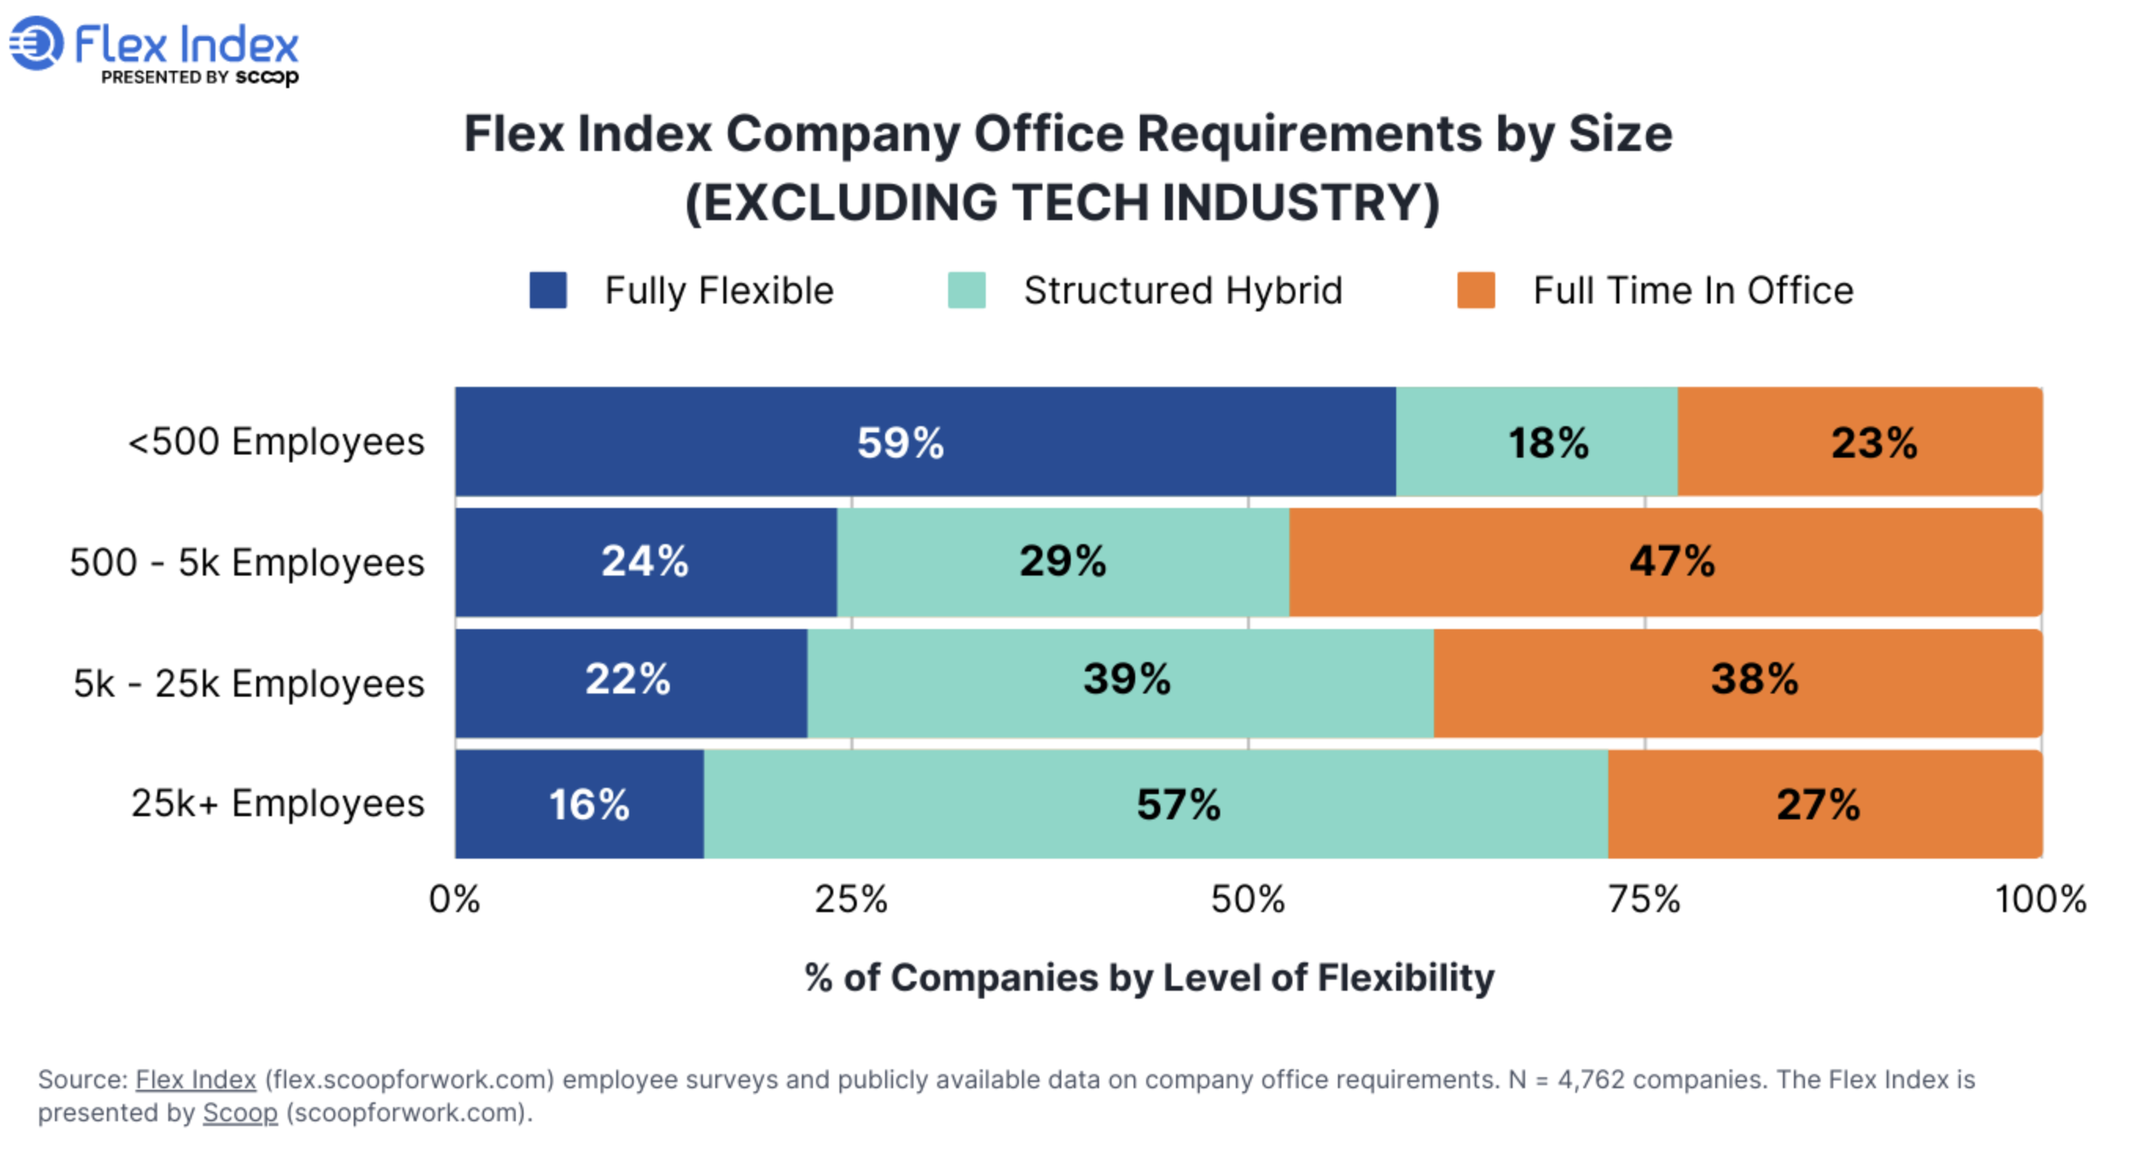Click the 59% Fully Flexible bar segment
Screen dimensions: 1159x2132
(924, 442)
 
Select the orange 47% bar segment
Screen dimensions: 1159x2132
(1665, 562)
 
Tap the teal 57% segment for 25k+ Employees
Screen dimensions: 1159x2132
(1156, 804)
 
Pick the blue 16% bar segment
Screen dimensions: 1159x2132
(579, 804)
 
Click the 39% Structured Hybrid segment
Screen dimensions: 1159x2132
(1119, 683)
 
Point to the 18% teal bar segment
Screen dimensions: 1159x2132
(1536, 442)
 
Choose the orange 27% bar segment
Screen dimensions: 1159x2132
(1824, 804)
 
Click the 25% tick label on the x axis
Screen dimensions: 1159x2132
(851, 899)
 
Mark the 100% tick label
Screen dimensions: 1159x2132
(2040, 899)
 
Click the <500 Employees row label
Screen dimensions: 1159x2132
(276, 441)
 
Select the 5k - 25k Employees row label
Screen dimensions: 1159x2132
(248, 684)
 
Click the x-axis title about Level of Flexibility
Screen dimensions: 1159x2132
(1149, 977)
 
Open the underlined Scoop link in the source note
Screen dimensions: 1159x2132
(240, 1113)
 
